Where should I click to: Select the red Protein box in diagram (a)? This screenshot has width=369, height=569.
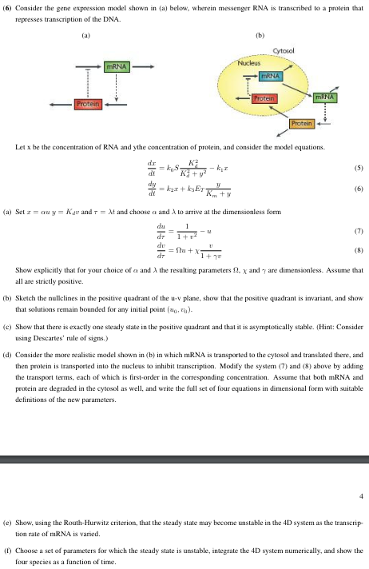pyautogui.click(x=86, y=104)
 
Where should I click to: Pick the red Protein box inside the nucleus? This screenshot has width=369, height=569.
pyautogui.click(x=264, y=97)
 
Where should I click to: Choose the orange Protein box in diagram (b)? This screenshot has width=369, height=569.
pyautogui.click(x=303, y=122)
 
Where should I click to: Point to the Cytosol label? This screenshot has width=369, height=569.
pyautogui.click(x=285, y=50)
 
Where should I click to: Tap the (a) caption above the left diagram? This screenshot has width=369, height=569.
pyautogui.click(x=86, y=34)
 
